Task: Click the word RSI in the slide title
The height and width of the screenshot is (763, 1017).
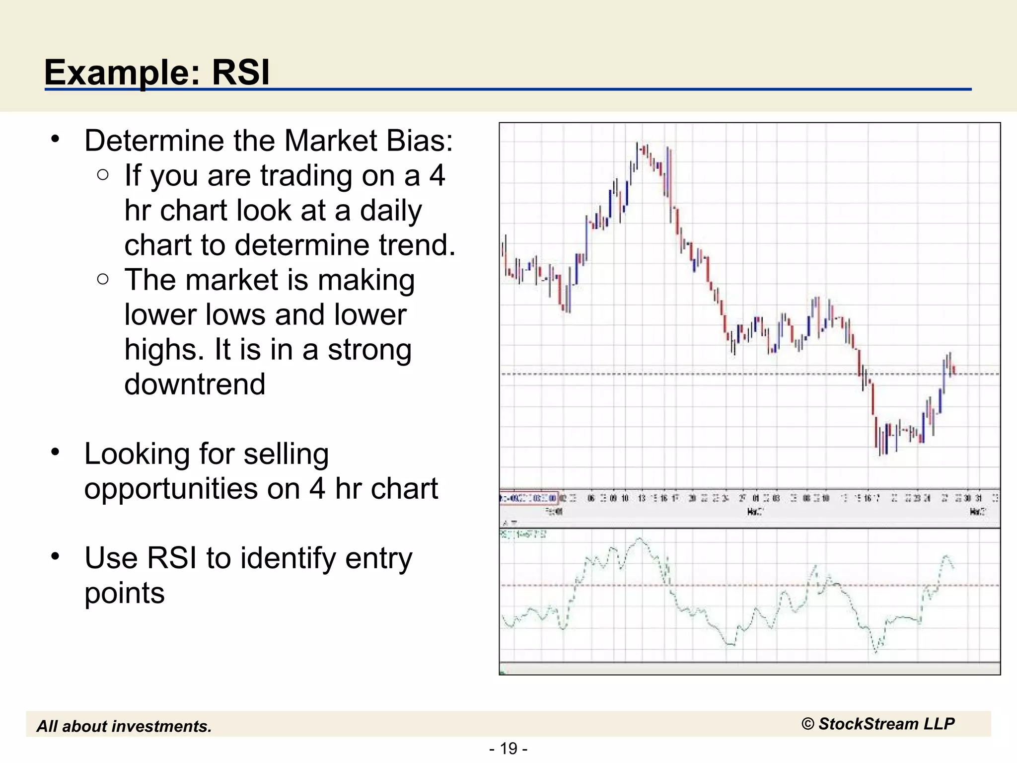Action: click(241, 73)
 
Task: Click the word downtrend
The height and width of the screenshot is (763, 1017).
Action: click(195, 384)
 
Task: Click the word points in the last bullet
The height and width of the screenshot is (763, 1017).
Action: click(124, 593)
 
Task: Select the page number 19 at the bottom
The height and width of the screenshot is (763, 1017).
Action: click(508, 748)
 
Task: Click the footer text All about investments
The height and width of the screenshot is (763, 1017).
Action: click(124, 726)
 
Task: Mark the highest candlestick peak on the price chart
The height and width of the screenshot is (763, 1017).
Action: click(637, 145)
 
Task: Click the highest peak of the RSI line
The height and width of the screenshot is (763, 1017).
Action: click(639, 539)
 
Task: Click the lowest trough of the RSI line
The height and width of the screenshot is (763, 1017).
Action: click(875, 651)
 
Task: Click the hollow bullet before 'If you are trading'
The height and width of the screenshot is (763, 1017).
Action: click(103, 174)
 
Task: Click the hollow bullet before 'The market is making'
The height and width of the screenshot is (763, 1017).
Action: click(103, 279)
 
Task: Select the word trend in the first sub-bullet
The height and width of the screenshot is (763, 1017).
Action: click(413, 245)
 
